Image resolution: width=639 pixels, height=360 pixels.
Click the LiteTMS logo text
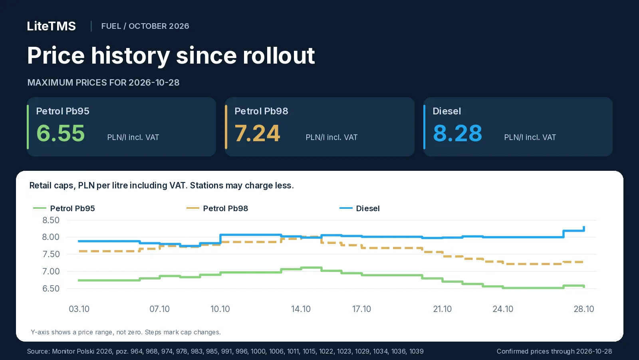tap(52, 26)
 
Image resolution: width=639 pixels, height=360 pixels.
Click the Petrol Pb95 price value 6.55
tap(61, 133)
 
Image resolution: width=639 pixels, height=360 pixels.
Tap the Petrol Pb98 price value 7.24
tap(257, 133)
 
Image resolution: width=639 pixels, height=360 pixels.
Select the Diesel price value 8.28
tap(458, 133)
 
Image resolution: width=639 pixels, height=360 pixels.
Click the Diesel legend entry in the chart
tap(359, 208)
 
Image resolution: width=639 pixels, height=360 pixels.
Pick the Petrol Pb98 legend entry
tap(217, 208)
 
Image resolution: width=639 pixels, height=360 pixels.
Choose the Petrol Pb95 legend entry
tap(64, 208)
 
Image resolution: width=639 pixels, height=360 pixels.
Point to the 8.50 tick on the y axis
tap(51, 220)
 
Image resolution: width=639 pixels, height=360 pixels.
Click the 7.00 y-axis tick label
tap(51, 272)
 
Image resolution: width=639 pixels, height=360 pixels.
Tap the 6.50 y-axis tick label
tap(51, 288)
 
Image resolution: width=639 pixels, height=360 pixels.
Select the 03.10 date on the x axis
tap(79, 309)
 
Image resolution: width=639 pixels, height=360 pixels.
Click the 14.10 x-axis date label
tap(301, 309)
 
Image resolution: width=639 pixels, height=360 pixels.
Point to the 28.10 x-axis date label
tap(583, 309)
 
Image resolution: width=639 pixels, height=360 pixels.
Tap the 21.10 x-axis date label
tap(442, 309)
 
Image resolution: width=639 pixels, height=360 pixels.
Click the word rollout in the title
tap(279, 55)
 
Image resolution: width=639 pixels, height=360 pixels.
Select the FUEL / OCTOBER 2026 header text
tap(145, 26)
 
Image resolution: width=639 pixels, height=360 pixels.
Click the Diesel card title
tap(447, 111)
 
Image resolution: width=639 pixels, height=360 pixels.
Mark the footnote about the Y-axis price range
tap(126, 332)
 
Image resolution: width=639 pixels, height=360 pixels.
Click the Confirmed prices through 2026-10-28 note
tap(554, 351)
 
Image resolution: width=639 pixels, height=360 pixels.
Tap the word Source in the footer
tap(38, 351)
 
